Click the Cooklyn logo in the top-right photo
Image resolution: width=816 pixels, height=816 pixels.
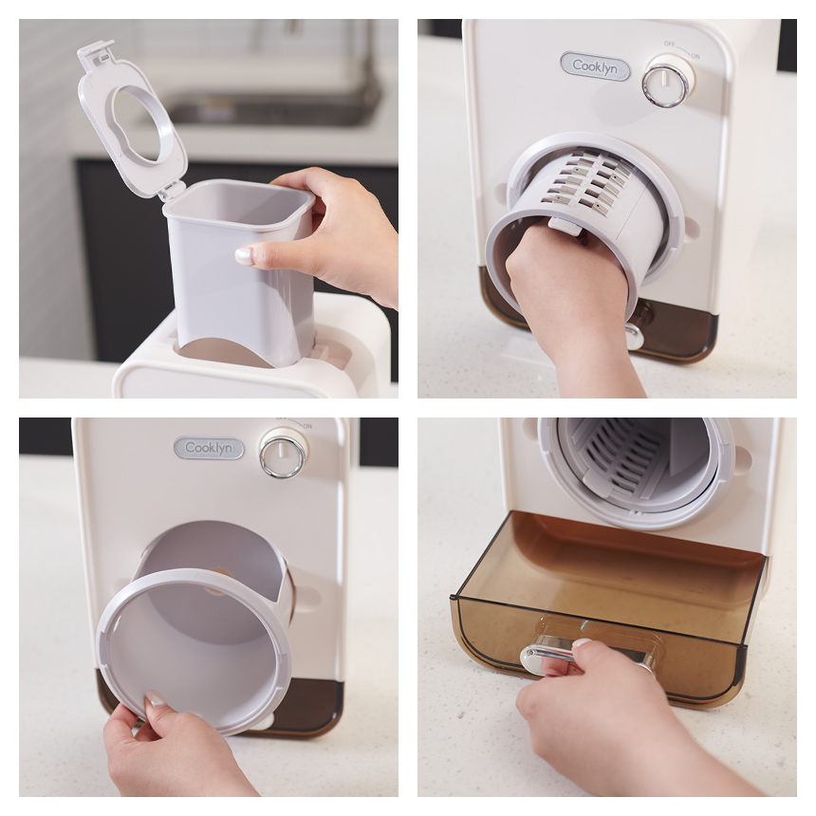pos(595,66)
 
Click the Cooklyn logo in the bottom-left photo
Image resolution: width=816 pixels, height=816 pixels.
pos(209,448)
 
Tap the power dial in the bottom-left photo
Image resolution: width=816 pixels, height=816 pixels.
pos(284,454)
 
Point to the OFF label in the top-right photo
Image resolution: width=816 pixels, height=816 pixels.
pos(669,45)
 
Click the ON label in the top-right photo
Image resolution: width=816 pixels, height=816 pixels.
pos(695,56)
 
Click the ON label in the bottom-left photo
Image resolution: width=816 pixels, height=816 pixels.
pos(307,426)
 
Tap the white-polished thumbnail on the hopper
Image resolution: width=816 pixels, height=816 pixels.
pos(244,255)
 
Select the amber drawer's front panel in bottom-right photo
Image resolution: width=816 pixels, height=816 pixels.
pos(600,646)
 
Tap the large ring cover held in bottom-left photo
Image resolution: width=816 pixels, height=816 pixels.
pos(195,651)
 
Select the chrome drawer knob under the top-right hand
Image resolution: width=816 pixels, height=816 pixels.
pos(635,337)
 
